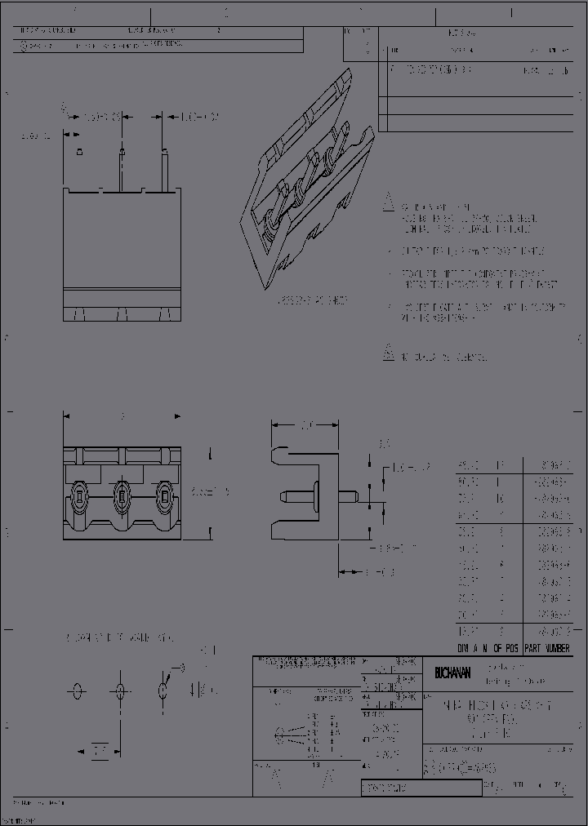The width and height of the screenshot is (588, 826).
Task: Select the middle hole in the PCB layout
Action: (120, 691)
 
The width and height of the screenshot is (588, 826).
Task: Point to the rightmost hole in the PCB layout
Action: (163, 691)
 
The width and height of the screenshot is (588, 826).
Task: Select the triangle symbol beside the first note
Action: (390, 205)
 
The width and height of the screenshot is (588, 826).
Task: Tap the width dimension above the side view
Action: (306, 424)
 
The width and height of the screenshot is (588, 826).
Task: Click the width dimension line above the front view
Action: (122, 417)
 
